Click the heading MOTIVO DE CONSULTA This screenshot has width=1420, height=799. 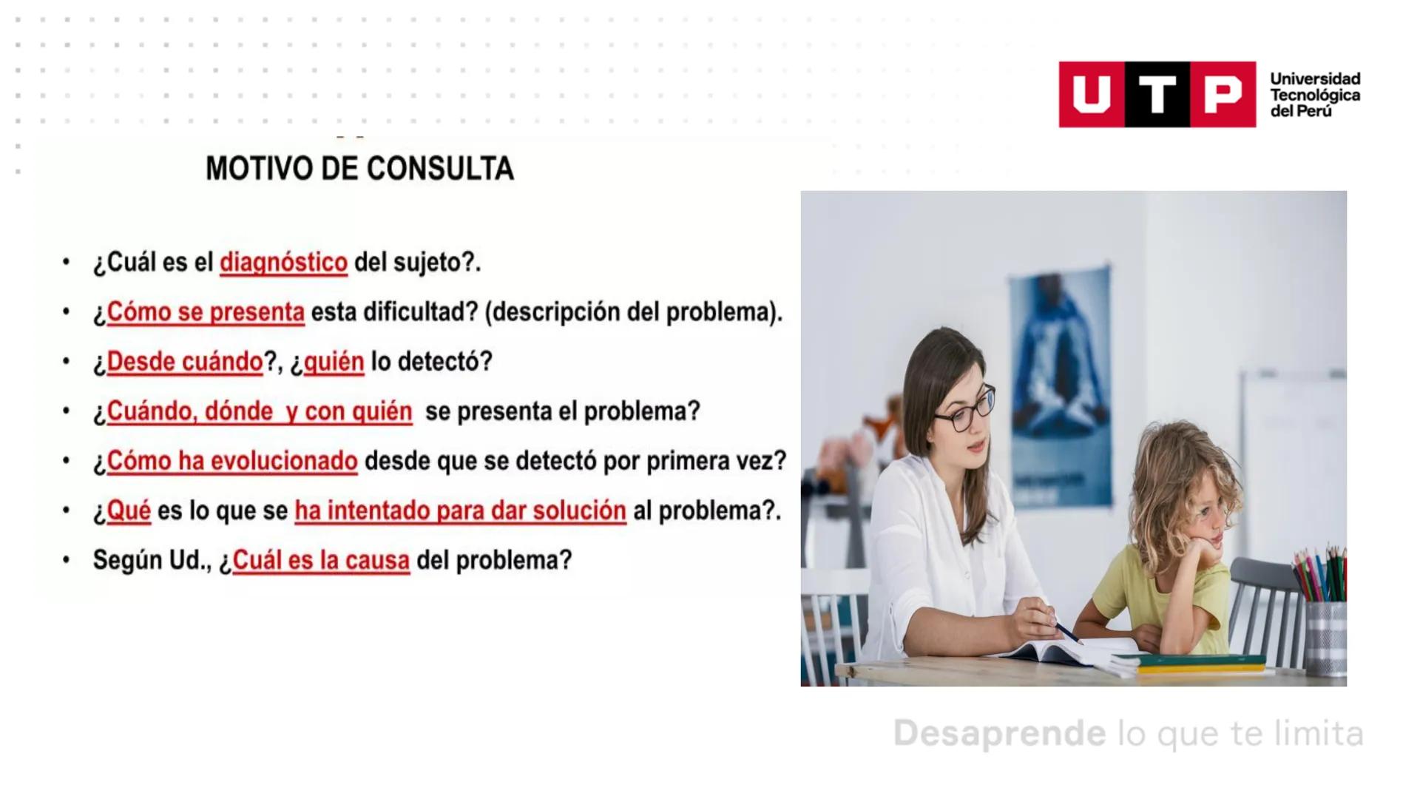point(359,169)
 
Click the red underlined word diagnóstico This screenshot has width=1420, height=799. point(283,263)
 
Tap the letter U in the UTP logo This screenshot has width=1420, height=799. point(1092,95)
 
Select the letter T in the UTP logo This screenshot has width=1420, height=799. point(1157,95)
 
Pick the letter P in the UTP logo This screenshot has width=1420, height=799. point(1223,95)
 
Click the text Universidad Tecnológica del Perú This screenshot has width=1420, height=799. point(1315,95)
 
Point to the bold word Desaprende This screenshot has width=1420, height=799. point(999,733)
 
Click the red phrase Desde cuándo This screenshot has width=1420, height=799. point(185,362)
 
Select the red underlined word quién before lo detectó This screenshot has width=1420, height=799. point(334,362)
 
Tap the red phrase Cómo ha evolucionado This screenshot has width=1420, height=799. point(232,461)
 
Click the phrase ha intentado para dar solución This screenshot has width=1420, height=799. point(460,510)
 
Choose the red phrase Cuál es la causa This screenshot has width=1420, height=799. point(321,560)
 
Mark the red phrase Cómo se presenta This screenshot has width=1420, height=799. point(206,312)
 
